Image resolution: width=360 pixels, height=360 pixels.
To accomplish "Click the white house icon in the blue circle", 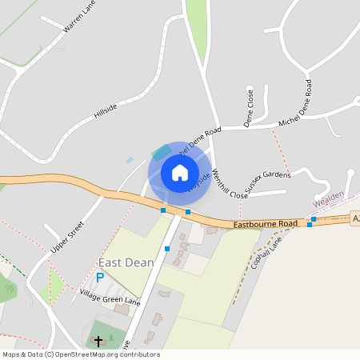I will coord(180,173).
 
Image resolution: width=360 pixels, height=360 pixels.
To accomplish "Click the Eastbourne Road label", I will coord(266,225).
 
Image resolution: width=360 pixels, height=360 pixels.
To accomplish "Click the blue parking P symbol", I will coord(100,278).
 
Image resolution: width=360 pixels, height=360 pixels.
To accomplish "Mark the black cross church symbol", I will coord(98,342).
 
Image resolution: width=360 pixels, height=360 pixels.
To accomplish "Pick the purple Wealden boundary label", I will coord(328,198).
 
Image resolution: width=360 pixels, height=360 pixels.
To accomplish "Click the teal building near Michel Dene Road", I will coord(161,150).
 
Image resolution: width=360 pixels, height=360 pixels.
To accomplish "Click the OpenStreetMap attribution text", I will coord(81,354).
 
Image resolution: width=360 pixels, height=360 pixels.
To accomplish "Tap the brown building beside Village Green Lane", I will coord(122,309).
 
